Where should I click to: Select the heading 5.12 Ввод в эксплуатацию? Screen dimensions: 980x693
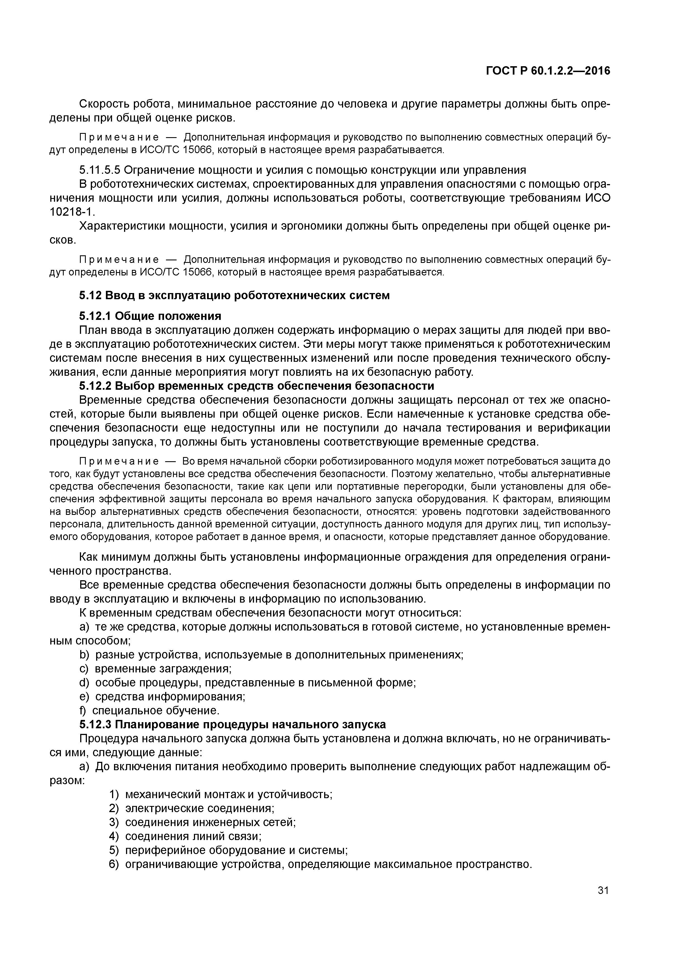[x=234, y=295]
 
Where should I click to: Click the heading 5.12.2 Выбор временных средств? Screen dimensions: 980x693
[x=256, y=386]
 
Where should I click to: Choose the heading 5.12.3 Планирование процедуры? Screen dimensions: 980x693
[x=232, y=724]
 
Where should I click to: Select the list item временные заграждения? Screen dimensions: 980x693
[x=163, y=669]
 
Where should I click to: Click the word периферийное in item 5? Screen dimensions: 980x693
[x=164, y=850]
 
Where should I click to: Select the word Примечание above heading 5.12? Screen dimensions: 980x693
[x=119, y=260]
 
